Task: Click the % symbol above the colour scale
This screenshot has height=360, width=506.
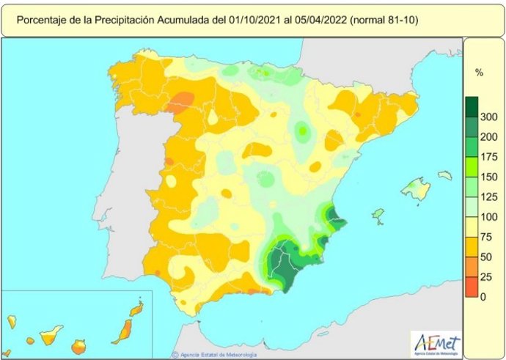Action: [479, 73]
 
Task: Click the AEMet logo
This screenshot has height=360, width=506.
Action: [437, 341]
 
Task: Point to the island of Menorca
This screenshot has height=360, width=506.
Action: [445, 175]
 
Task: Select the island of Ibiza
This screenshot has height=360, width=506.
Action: [378, 214]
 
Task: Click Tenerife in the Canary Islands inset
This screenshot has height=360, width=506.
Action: [50, 337]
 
